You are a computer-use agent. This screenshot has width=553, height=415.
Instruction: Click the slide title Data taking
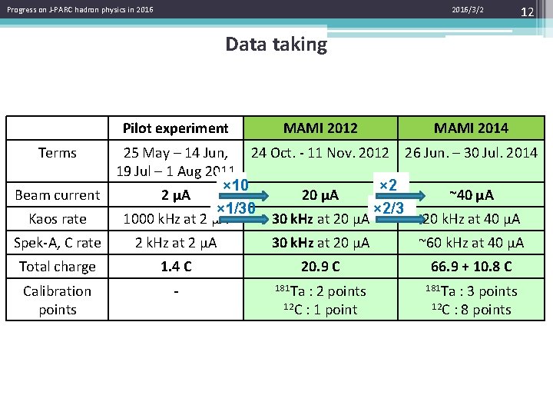[x=276, y=45]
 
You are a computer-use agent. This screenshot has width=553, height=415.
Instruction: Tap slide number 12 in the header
[x=527, y=11]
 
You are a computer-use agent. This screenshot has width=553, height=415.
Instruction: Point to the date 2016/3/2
[x=468, y=9]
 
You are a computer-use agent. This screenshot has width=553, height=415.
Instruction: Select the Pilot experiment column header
[x=176, y=128]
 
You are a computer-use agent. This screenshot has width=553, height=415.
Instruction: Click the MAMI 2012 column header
[x=320, y=128]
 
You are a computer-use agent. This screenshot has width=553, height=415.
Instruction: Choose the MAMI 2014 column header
[x=471, y=128]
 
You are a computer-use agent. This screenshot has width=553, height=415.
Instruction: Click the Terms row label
[x=58, y=152]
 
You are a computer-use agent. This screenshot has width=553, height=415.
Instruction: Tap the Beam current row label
[x=58, y=195]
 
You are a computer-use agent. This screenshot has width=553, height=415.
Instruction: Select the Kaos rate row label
[x=58, y=219]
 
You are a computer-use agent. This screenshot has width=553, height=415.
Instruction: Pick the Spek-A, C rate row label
[x=58, y=243]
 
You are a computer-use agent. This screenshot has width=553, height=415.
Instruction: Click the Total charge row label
[x=58, y=267]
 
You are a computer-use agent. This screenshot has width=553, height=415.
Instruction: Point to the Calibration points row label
[x=58, y=300]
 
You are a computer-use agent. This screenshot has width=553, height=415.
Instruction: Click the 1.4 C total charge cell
[x=176, y=267]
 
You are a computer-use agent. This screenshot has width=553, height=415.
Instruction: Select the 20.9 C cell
[x=320, y=267]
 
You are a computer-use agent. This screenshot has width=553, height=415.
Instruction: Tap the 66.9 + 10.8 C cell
[x=471, y=267]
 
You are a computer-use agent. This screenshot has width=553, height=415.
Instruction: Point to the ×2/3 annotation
[x=388, y=209]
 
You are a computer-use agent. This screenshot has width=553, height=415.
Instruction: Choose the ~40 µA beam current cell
[x=471, y=194]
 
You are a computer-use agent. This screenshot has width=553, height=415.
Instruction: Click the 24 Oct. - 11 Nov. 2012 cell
[x=320, y=152]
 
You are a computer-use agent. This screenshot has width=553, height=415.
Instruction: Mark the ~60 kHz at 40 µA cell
[x=471, y=243]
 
